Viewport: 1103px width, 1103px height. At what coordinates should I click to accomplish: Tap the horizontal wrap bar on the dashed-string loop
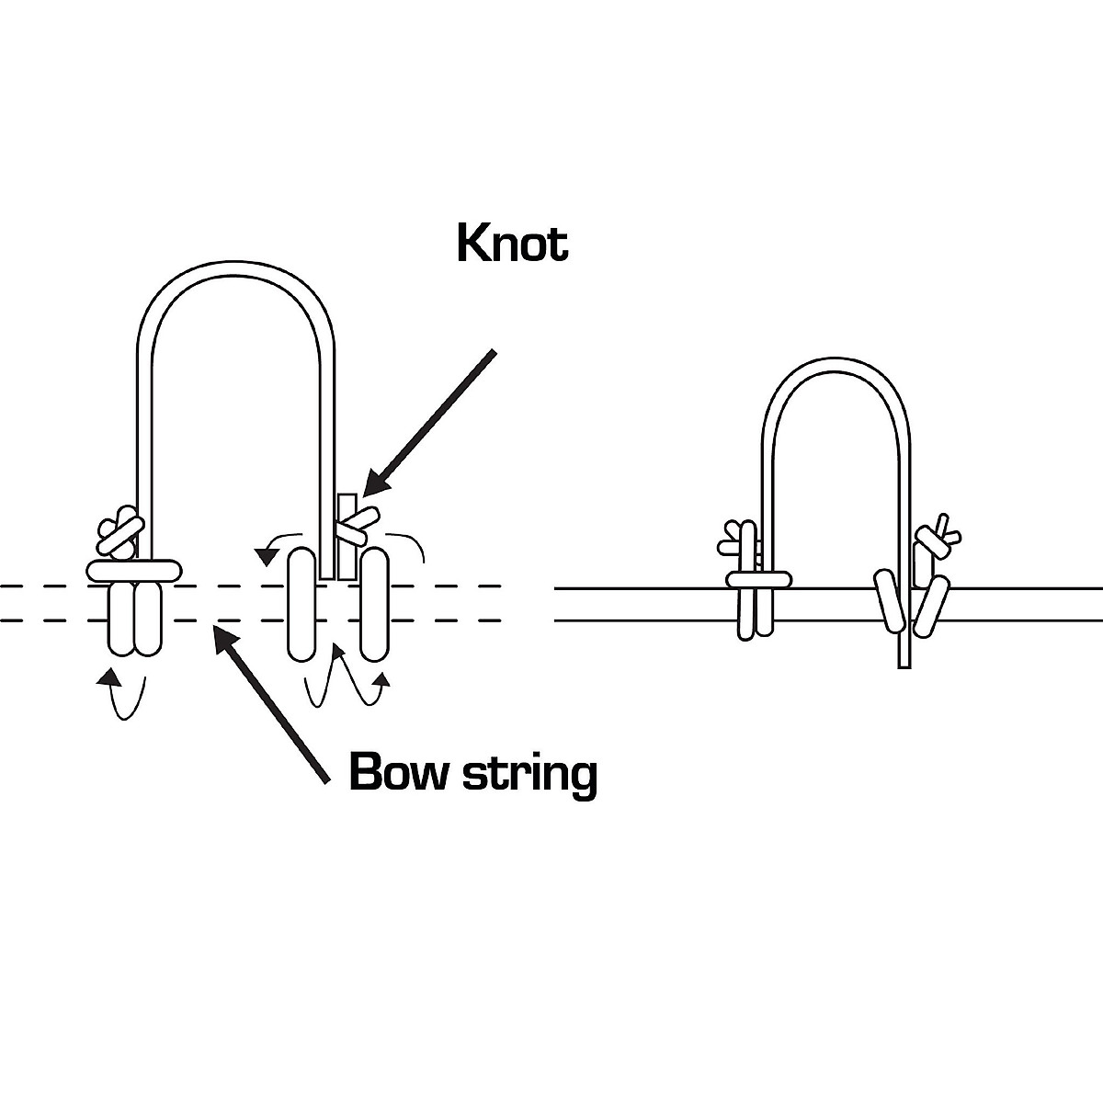133,570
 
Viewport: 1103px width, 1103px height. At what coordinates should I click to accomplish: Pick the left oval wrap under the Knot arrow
302,603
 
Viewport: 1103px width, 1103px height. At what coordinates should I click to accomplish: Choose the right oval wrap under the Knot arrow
372,603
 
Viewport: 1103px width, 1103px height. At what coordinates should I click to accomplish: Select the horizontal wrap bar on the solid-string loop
758,579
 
